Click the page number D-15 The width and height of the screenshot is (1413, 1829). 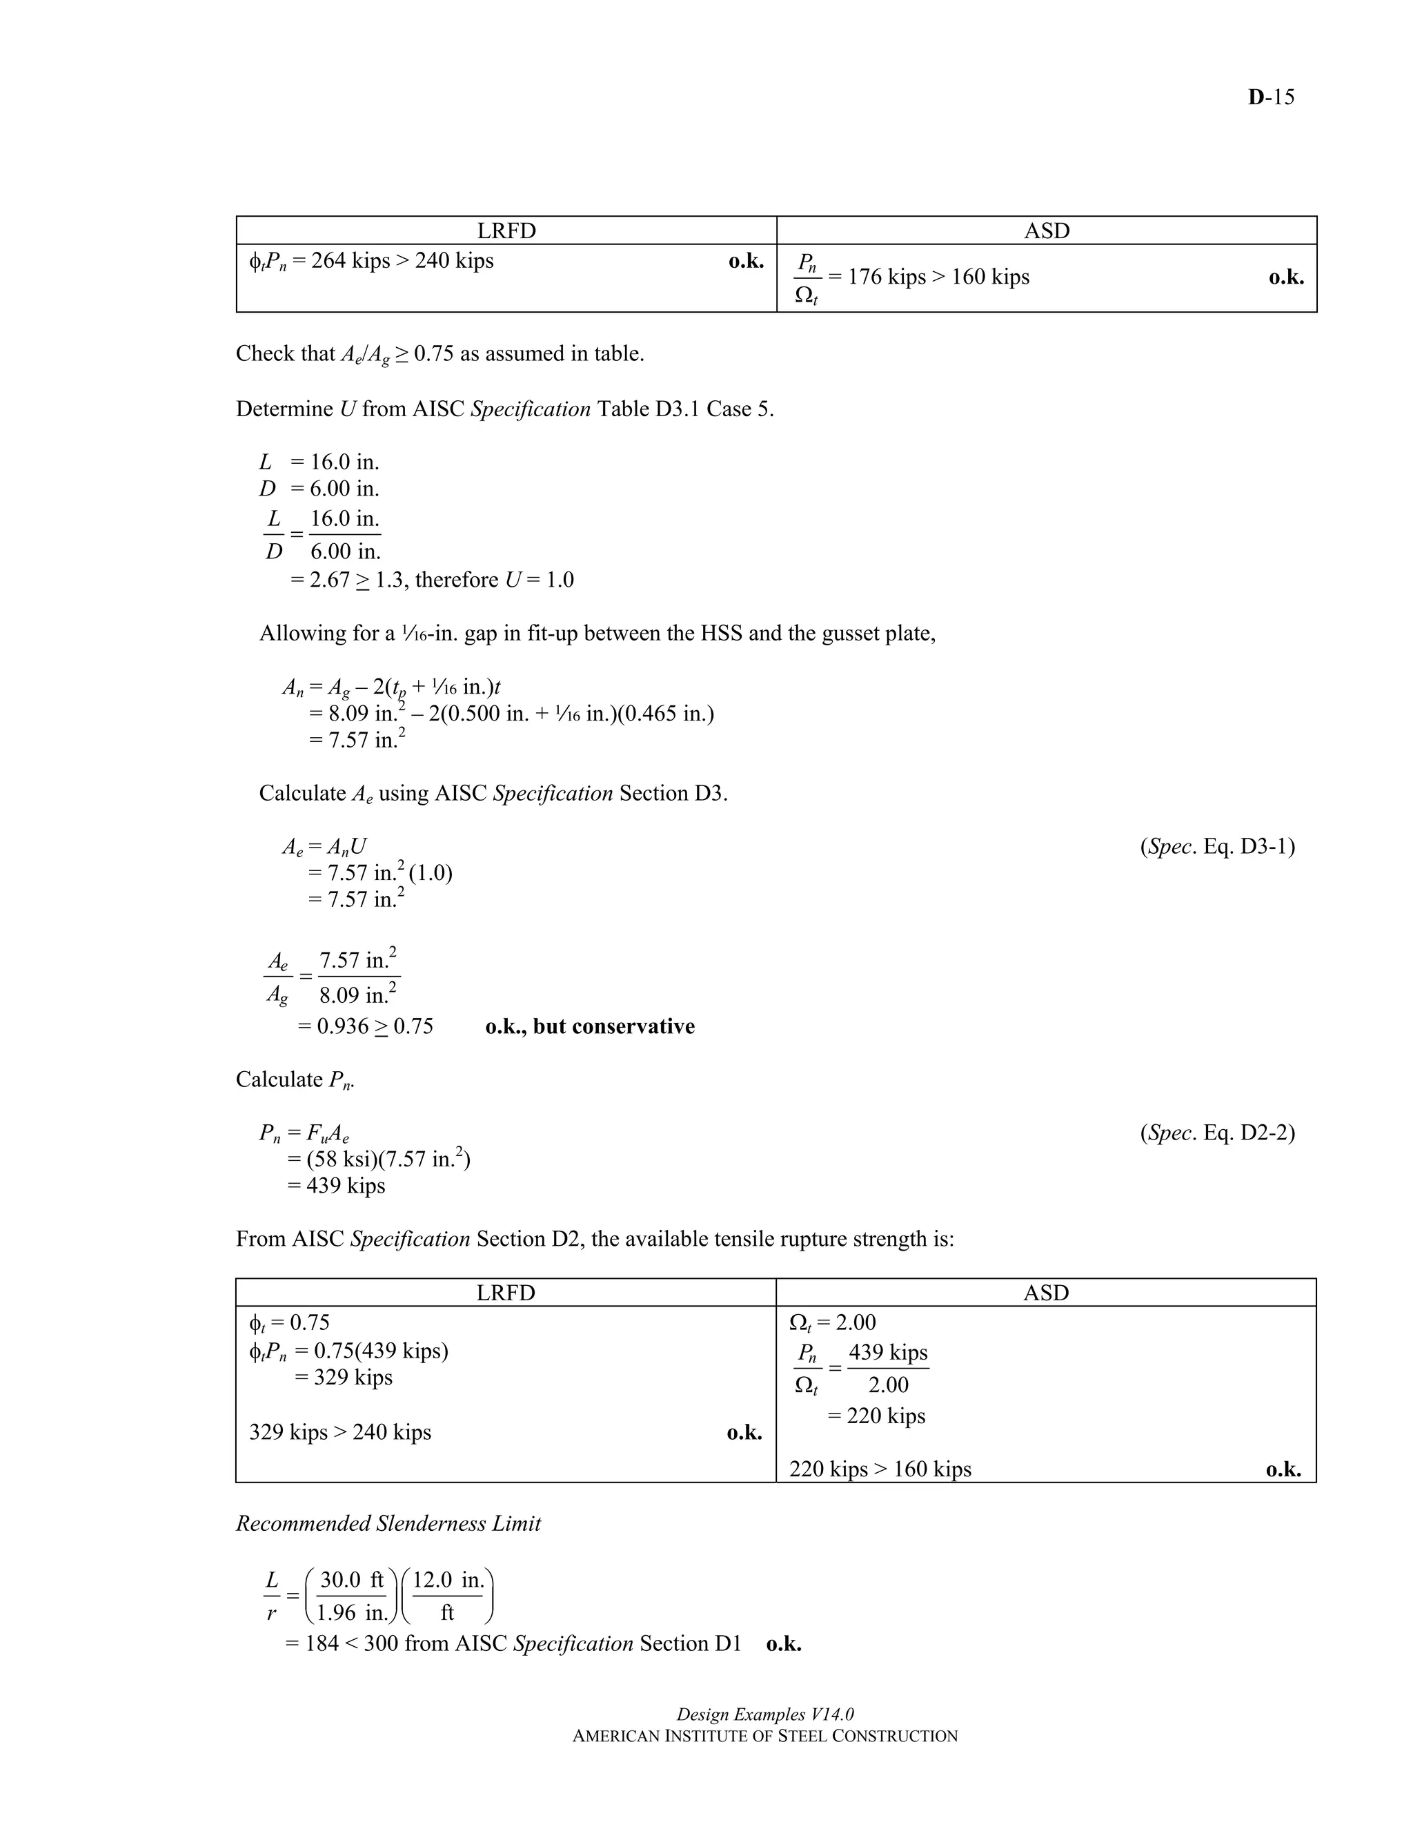[1270, 97]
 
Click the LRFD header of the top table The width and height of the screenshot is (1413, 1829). [506, 231]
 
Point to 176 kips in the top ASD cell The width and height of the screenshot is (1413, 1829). [887, 277]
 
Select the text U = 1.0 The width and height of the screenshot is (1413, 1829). [539, 580]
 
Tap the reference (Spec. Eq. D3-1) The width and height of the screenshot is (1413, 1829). [1216, 847]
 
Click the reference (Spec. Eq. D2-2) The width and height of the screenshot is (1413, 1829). [1216, 1133]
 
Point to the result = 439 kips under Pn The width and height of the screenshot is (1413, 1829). [337, 1186]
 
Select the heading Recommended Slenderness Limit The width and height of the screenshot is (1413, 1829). [388, 1523]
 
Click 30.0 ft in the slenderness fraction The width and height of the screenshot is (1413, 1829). [352, 1581]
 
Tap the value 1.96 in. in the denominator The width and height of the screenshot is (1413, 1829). [353, 1612]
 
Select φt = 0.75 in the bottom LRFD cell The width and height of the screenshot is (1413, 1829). [289, 1322]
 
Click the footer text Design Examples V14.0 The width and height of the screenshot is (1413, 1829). [764, 1714]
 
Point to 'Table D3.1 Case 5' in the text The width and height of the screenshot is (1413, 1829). [684, 409]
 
